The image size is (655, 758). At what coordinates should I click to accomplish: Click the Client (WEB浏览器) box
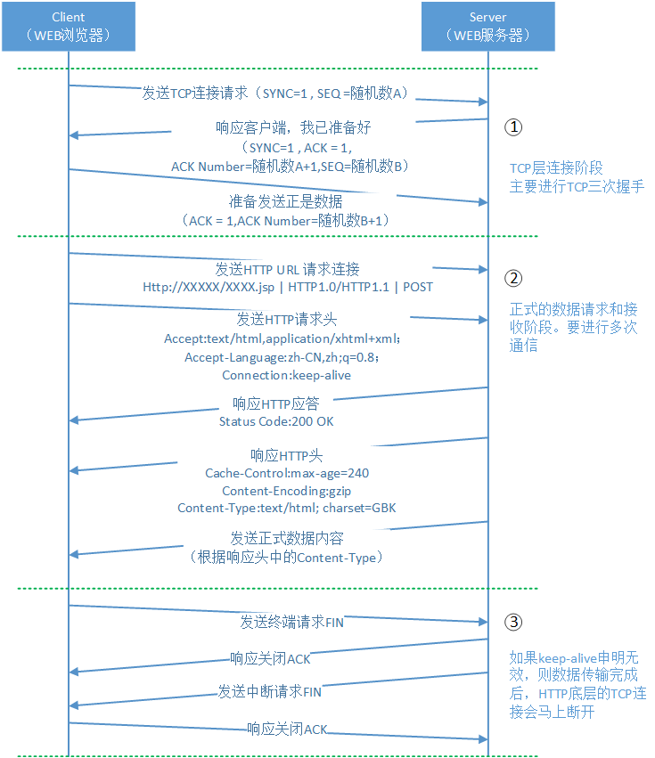tap(69, 26)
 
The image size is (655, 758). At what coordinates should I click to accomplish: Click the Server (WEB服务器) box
tap(487, 26)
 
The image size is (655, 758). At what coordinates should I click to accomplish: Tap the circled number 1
tap(512, 126)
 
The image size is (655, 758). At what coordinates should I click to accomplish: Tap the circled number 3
tap(512, 622)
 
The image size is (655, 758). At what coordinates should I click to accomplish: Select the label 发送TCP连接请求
tap(196, 93)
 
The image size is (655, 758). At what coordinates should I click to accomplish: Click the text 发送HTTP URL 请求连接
tap(287, 269)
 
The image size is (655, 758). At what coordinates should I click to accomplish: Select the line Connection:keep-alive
tap(286, 375)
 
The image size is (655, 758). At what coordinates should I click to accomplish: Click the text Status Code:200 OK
tap(276, 420)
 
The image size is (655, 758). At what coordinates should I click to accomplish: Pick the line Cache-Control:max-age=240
tap(287, 473)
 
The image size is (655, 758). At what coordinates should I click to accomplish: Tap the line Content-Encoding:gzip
tap(287, 490)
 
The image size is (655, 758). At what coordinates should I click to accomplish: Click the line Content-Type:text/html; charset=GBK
tap(287, 508)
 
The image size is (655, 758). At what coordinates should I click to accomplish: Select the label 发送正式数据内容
tap(287, 539)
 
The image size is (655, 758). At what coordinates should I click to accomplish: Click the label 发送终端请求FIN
tap(291, 622)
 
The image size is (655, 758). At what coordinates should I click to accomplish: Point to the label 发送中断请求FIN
tap(270, 691)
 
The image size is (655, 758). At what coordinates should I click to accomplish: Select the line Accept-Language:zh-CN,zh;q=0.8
tap(282, 357)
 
